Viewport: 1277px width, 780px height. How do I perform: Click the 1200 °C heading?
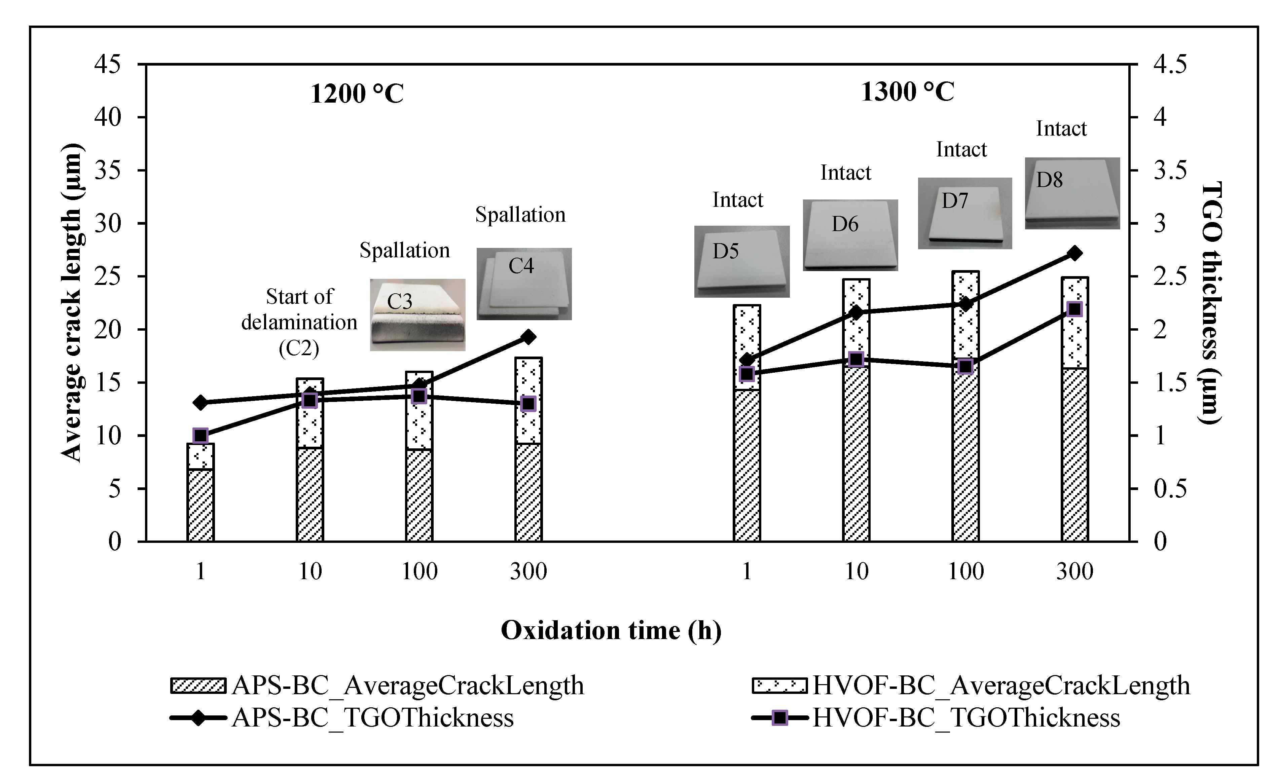(x=357, y=94)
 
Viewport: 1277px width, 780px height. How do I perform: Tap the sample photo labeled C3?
(x=417, y=314)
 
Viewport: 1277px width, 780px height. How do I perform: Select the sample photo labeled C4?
(x=524, y=284)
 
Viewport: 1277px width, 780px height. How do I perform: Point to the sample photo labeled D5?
(x=742, y=261)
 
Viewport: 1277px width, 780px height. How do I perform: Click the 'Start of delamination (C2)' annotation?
(x=299, y=322)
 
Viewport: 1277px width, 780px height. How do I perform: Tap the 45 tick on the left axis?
(x=107, y=65)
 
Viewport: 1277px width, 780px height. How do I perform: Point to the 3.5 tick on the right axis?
(x=1169, y=171)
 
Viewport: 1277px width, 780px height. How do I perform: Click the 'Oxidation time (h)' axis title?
(x=611, y=631)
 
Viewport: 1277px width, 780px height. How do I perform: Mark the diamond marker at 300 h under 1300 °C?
(x=1074, y=253)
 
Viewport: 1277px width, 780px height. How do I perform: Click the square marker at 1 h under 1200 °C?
(x=200, y=435)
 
